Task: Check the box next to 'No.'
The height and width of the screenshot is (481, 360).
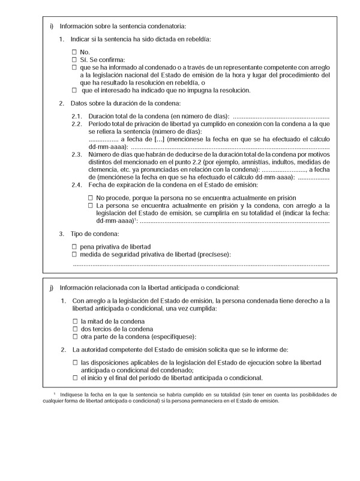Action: coord(74,52)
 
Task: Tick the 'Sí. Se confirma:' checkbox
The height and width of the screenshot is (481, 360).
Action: coord(74,60)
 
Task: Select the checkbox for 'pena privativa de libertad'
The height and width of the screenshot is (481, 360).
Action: coord(74,247)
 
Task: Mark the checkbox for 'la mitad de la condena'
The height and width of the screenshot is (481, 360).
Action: coord(75,321)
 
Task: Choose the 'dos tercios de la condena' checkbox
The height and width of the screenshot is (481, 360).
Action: coord(75,329)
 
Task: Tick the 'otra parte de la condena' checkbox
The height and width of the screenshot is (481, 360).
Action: coord(75,337)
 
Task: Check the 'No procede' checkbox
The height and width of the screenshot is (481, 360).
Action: coord(91,198)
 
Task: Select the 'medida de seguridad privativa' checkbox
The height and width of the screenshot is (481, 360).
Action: coord(74,255)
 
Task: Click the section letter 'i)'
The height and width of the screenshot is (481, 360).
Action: coord(52,26)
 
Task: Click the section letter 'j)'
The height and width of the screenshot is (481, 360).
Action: coord(52,288)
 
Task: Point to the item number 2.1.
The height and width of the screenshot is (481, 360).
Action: coord(76,116)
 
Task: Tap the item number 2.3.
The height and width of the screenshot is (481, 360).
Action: coord(76,155)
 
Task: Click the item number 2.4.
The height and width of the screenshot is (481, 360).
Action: coord(76,185)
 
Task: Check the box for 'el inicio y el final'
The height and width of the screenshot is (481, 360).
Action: coord(75,378)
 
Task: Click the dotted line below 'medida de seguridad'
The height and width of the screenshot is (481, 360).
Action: coord(201,264)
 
